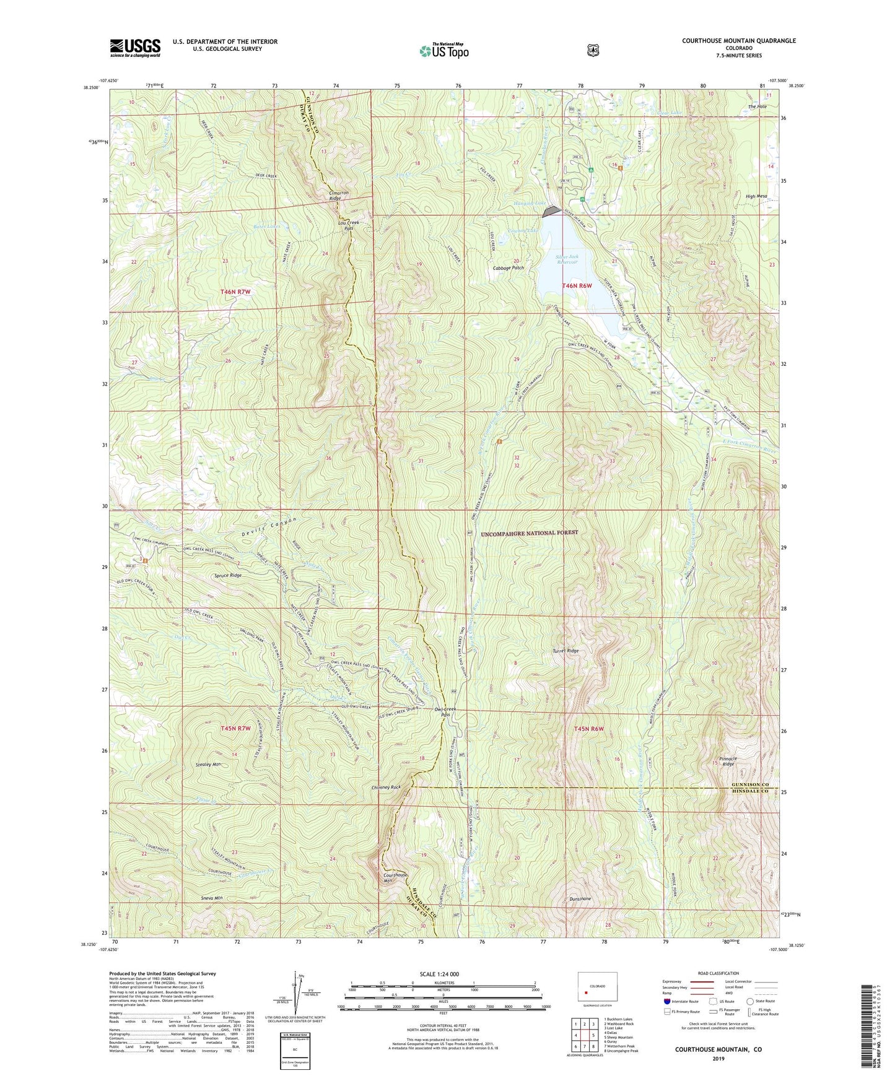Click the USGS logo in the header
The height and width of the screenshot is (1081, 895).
tap(135, 47)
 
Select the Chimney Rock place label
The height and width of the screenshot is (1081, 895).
tap(386, 787)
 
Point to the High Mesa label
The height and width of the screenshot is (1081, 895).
tap(756, 196)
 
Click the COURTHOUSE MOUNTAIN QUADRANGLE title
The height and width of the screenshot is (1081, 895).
tap(738, 41)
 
